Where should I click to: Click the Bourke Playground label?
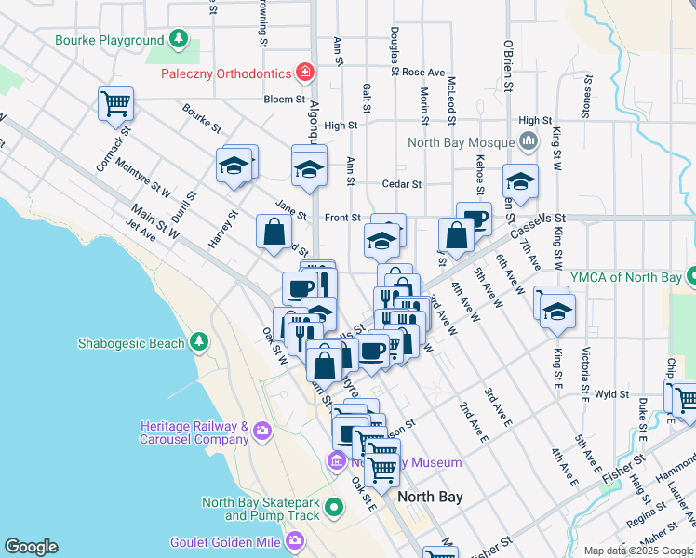point(109,41)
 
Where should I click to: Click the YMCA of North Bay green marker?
point(690,276)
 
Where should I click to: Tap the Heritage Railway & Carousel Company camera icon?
point(261,431)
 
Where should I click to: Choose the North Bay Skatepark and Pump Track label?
point(261,509)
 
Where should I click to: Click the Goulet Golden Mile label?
point(227,541)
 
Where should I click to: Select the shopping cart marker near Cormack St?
point(115,104)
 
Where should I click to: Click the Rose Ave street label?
point(424,72)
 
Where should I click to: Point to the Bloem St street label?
point(285,99)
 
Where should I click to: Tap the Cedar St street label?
point(404,184)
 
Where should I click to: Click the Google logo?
point(31,547)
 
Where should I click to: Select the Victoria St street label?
point(585,368)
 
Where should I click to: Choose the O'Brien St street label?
point(508,66)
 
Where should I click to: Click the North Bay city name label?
point(430,497)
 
